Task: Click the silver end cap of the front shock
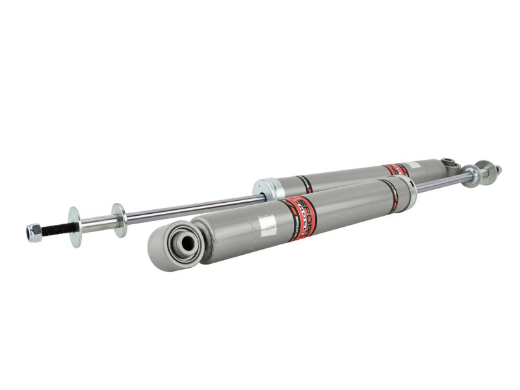click(408, 188)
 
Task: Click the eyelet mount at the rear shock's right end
click(448, 162)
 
